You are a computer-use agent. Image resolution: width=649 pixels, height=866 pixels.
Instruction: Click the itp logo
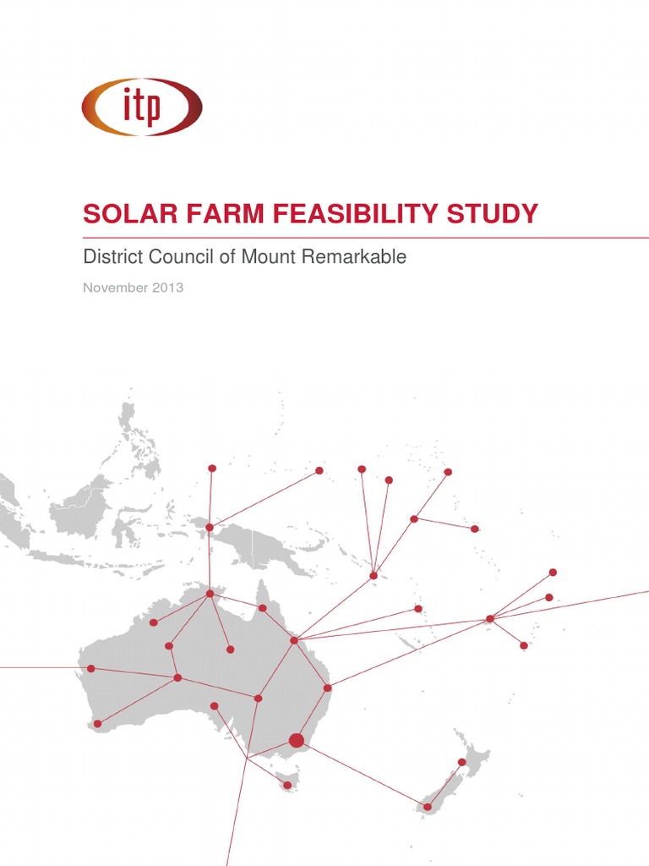point(142,107)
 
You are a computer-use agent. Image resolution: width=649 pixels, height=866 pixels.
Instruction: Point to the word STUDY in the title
point(493,214)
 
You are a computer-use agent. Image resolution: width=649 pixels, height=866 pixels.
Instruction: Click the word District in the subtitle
point(108,257)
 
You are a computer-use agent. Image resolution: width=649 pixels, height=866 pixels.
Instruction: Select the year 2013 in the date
point(168,288)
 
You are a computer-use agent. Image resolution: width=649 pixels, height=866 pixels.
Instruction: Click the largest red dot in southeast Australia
point(296,741)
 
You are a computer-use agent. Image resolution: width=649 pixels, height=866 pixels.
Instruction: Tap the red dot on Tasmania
point(287,786)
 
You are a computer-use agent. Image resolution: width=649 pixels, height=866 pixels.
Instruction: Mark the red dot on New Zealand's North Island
point(462,762)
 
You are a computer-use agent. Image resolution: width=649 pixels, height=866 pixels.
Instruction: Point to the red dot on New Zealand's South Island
point(428,807)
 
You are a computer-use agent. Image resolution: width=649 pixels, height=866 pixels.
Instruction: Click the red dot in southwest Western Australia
point(98,723)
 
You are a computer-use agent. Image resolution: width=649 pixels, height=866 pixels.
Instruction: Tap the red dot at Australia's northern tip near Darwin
point(210,594)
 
